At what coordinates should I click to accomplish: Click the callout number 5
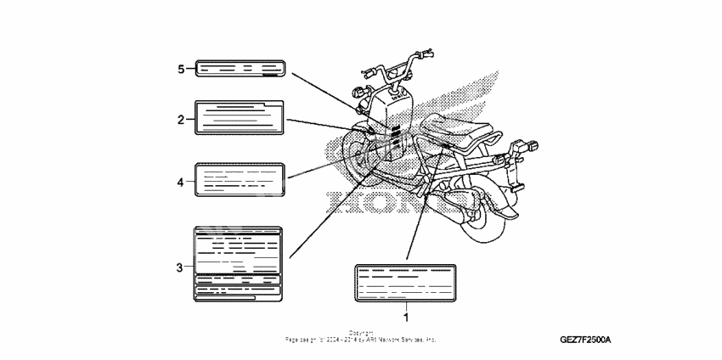pyautogui.click(x=181, y=69)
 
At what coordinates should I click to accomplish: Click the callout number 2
pyautogui.click(x=181, y=120)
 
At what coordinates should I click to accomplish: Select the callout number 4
pyautogui.click(x=181, y=181)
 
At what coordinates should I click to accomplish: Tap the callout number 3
pyautogui.click(x=179, y=267)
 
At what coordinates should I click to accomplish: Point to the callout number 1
pyautogui.click(x=406, y=317)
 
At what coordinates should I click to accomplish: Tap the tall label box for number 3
pyautogui.click(x=238, y=264)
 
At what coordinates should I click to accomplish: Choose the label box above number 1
pyautogui.click(x=406, y=283)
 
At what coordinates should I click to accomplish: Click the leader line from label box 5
pyautogui.click(x=323, y=89)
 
